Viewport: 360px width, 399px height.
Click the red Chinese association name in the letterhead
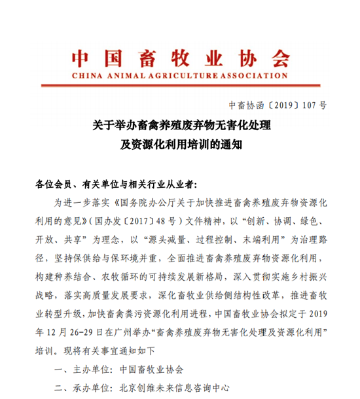click(180, 58)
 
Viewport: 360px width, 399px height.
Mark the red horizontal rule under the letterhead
click(180, 84)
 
